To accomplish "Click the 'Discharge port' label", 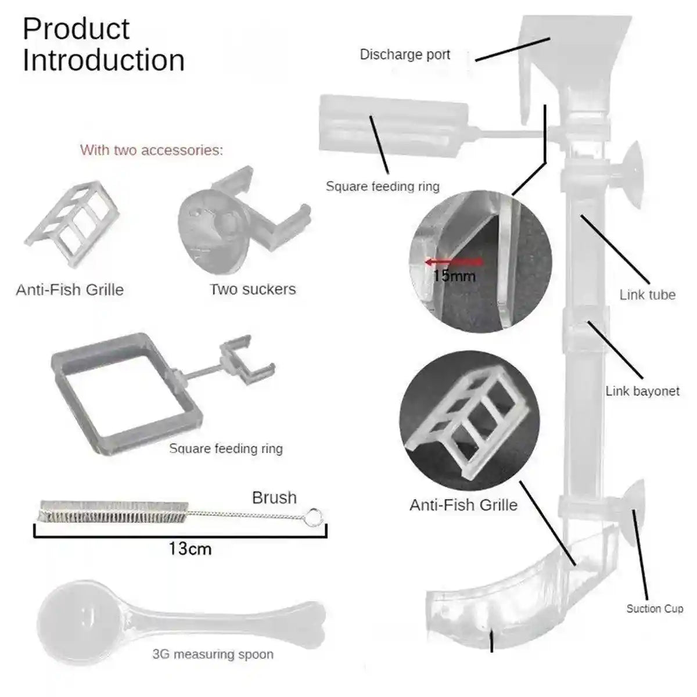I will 405,55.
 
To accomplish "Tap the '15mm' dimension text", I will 454,275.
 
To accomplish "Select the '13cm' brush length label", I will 190,548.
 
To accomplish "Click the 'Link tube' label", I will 647,294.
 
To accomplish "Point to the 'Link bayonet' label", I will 642,391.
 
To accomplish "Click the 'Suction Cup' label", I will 655,609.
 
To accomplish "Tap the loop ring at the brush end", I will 314,516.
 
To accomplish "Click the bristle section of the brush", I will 113,511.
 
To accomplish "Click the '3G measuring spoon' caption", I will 213,654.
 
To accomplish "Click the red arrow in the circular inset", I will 452,262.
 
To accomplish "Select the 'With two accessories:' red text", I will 151,150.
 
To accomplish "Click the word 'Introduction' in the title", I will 103,60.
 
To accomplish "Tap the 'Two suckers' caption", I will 253,289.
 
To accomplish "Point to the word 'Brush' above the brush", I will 274,498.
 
